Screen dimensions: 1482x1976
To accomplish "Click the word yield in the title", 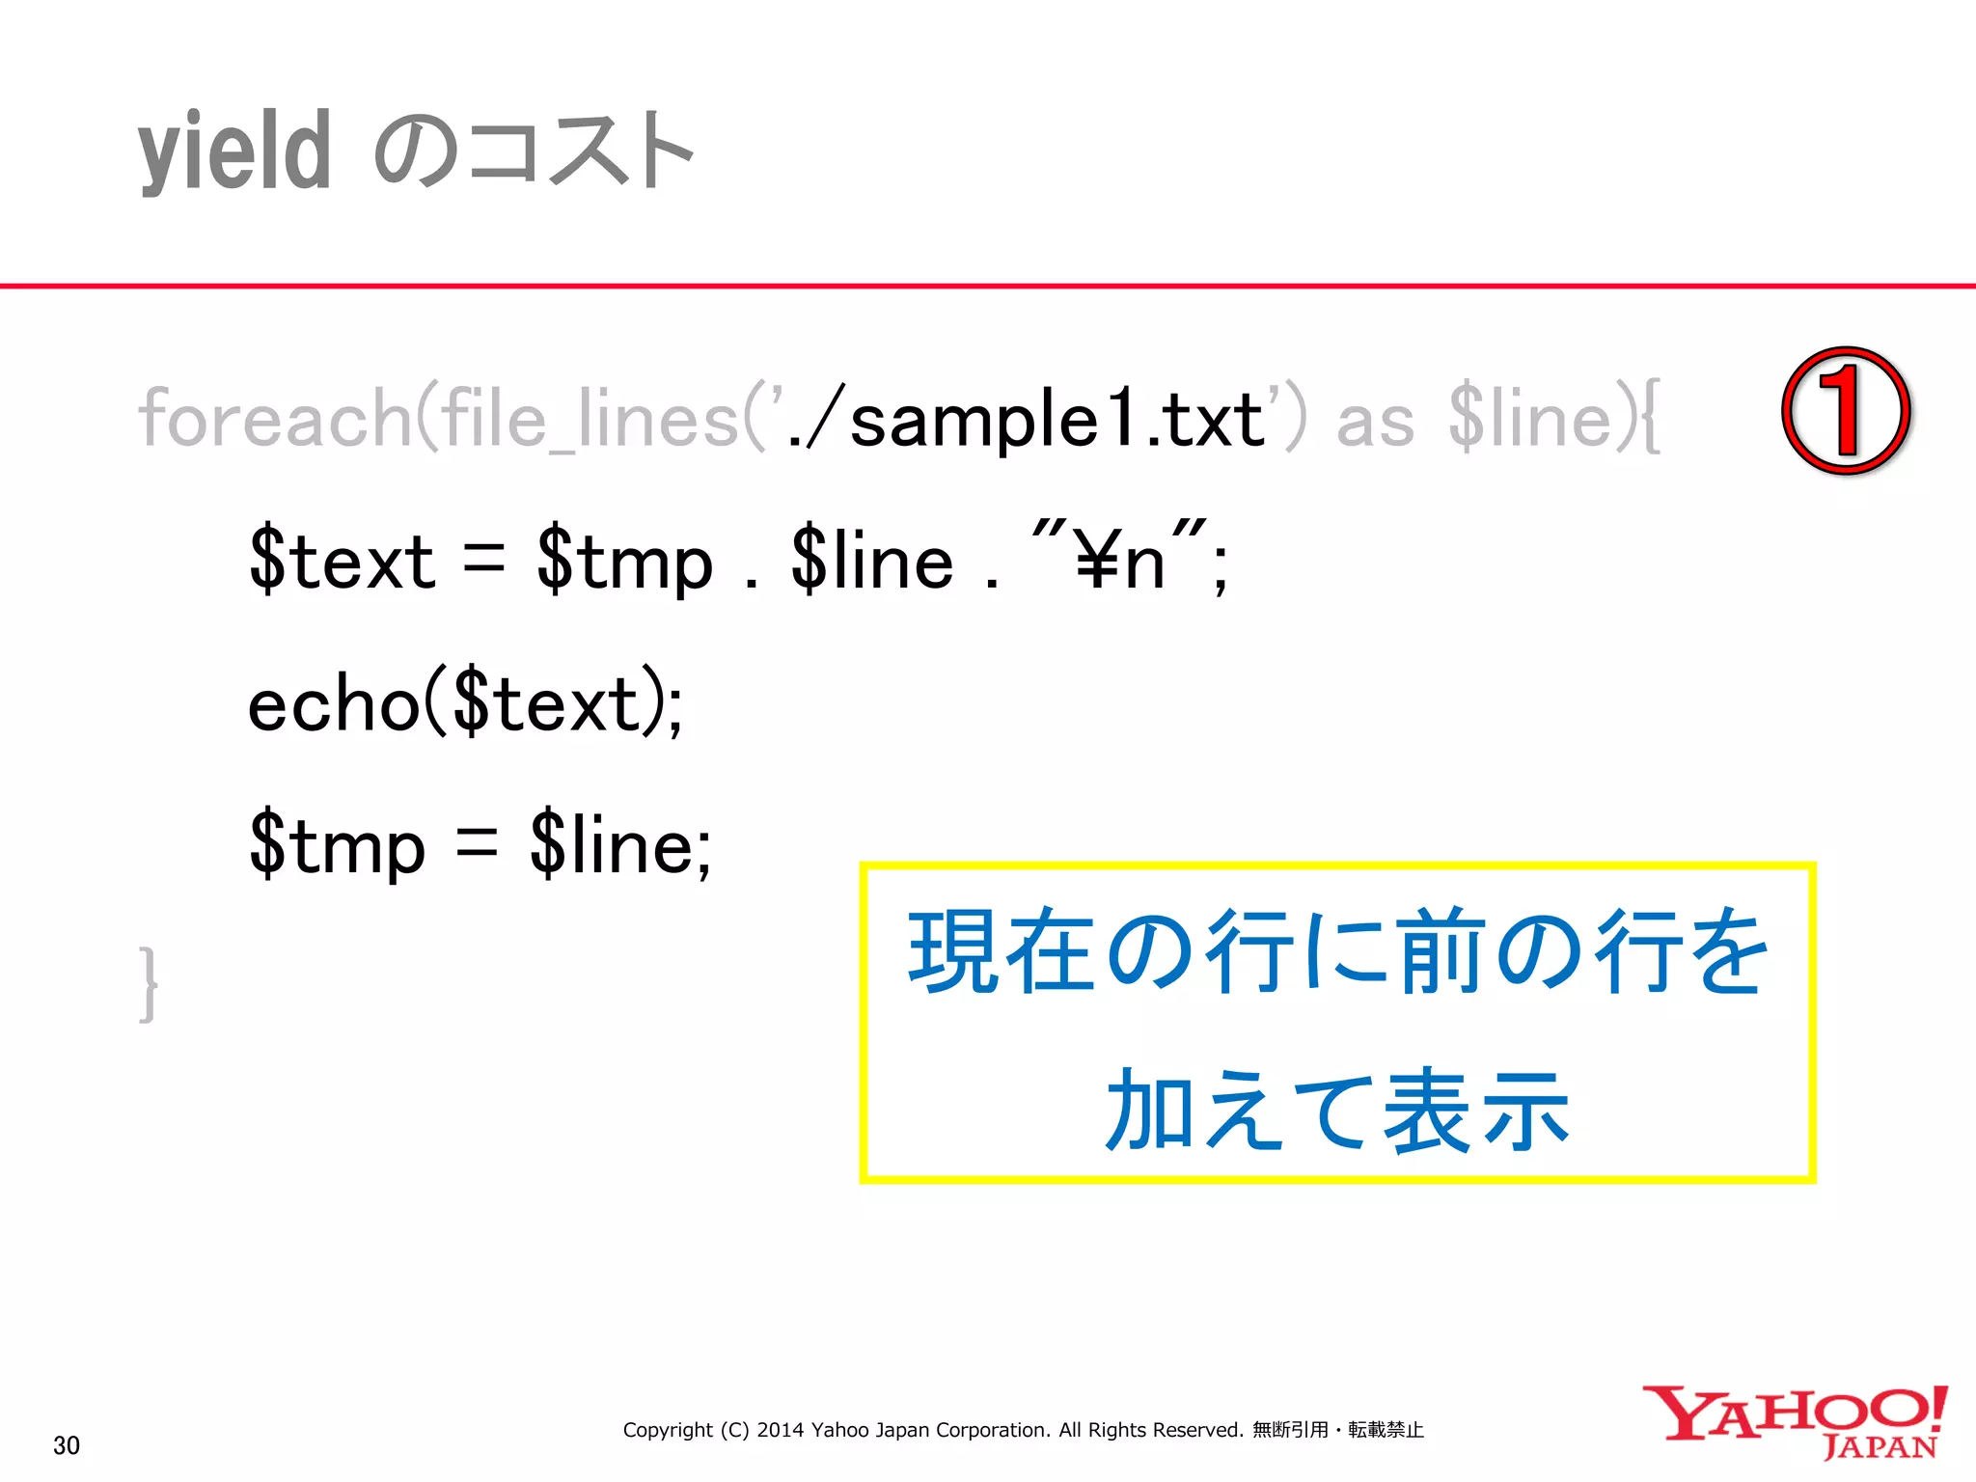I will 234,152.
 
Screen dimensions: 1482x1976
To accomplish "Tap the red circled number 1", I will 1845,411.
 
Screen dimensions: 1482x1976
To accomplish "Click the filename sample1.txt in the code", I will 1057,421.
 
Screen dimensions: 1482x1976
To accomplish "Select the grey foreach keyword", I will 275,419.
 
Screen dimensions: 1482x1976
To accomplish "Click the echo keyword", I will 334,704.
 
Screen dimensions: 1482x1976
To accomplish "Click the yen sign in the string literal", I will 1097,562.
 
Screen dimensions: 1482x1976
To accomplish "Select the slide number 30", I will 67,1445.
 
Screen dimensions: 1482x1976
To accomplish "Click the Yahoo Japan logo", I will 1795,1422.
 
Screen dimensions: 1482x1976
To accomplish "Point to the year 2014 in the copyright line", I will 780,1430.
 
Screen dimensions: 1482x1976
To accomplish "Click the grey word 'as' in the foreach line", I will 1375,421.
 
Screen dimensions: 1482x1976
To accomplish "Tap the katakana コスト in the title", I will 579,152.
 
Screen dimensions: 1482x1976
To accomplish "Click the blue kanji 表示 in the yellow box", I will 1476,1111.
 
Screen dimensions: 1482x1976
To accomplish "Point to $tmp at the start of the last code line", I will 337,845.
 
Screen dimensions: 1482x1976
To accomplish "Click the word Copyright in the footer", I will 668,1430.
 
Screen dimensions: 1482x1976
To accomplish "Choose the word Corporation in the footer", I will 991,1430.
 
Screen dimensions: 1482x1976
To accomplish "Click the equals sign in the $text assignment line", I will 483,560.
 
